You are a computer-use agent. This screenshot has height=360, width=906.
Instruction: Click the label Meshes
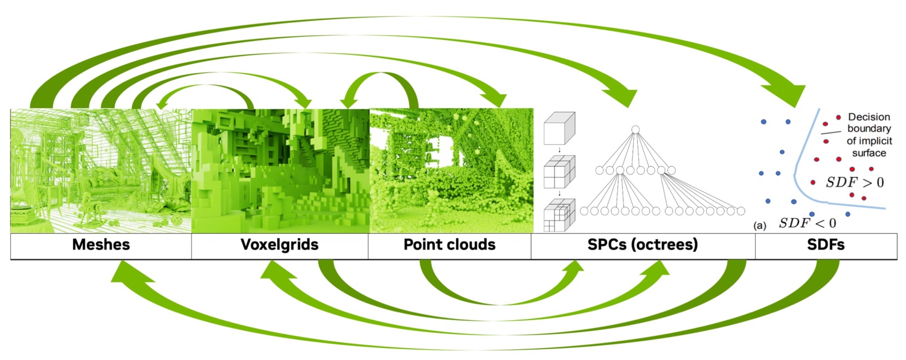[101, 245]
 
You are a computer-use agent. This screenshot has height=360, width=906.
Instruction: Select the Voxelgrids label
[280, 245]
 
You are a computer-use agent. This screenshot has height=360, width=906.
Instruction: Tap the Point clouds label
[449, 245]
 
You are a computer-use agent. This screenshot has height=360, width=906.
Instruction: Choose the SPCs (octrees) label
[643, 245]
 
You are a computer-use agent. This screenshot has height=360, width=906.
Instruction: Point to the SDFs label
[826, 245]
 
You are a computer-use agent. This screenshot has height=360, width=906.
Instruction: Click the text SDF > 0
[855, 182]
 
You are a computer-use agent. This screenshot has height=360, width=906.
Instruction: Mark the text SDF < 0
[808, 223]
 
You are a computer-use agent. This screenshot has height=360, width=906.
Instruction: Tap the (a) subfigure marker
[760, 226]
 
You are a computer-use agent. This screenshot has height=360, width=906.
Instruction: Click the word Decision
[869, 117]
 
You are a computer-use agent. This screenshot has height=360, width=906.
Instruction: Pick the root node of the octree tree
[635, 129]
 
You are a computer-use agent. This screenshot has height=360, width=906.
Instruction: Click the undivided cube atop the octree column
[559, 128]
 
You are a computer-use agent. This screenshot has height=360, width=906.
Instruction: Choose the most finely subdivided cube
[559, 215]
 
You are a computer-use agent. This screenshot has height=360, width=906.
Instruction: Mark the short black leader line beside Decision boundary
[830, 132]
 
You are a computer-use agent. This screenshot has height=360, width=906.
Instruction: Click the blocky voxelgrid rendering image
[280, 171]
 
